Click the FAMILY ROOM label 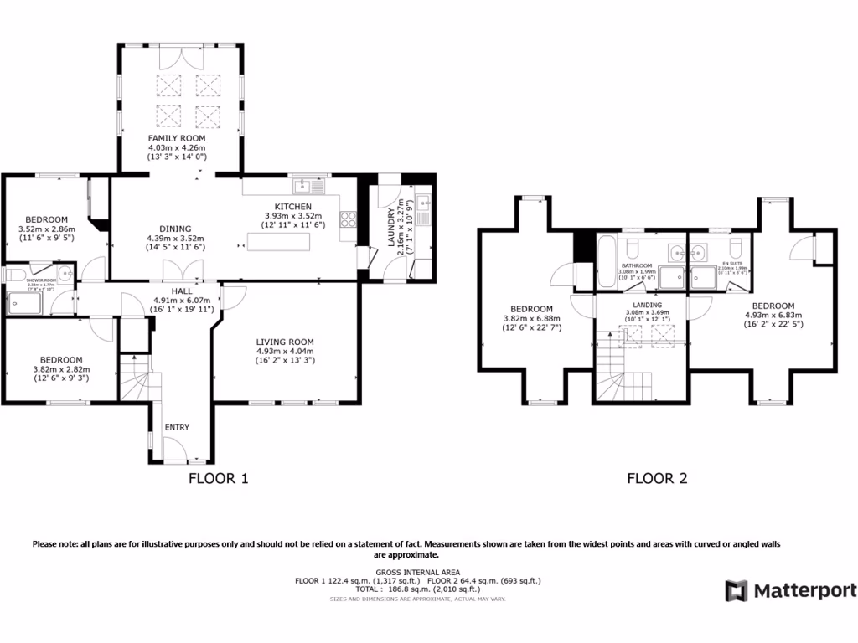click(x=177, y=138)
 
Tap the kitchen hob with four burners click(x=348, y=220)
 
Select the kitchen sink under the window click(x=302, y=185)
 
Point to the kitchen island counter click(x=279, y=242)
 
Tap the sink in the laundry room click(x=424, y=202)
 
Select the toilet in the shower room click(x=14, y=275)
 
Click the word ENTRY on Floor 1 click(x=177, y=428)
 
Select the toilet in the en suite click(x=736, y=249)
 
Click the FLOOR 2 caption click(x=658, y=479)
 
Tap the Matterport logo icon click(x=736, y=590)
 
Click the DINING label click(x=176, y=229)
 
